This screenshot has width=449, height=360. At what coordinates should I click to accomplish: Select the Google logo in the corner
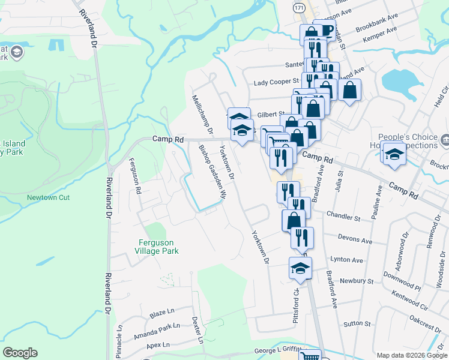(x=20, y=353)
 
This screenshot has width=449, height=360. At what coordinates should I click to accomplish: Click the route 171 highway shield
(x=299, y=7)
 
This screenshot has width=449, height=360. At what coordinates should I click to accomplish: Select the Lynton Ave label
(x=347, y=260)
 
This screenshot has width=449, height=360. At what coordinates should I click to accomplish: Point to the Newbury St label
(x=357, y=280)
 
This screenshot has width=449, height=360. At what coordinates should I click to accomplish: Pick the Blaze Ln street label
(x=161, y=313)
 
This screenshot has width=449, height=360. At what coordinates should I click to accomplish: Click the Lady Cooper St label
(x=276, y=81)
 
